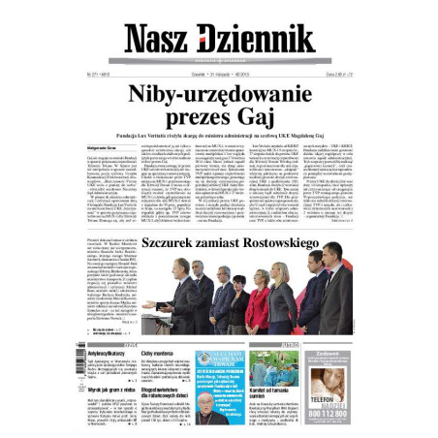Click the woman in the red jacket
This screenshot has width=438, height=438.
[260, 298]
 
